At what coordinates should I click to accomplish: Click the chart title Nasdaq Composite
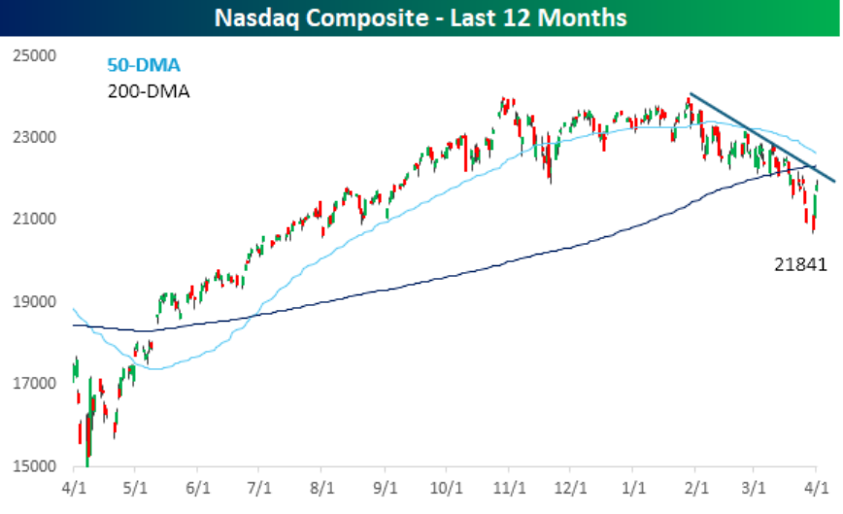pos(421,17)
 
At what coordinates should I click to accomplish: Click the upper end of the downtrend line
pos(691,94)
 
